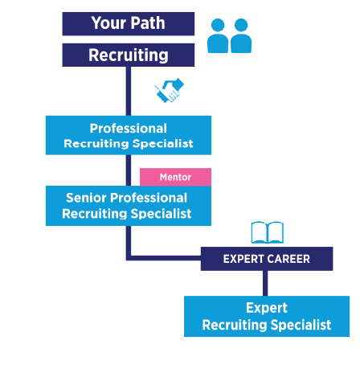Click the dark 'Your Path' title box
(x=129, y=23)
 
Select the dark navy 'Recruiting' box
(x=129, y=55)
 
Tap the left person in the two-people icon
(x=218, y=37)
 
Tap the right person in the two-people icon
(x=241, y=37)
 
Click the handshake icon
(x=170, y=90)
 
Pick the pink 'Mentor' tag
(x=175, y=176)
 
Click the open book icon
(x=268, y=232)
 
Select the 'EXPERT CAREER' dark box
(x=266, y=259)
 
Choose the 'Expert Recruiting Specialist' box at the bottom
(x=266, y=316)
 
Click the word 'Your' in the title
(x=107, y=23)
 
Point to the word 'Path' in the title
(x=148, y=23)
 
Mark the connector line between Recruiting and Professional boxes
(x=128, y=90)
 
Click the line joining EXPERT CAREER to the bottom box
(x=266, y=283)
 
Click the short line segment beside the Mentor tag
(x=128, y=170)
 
